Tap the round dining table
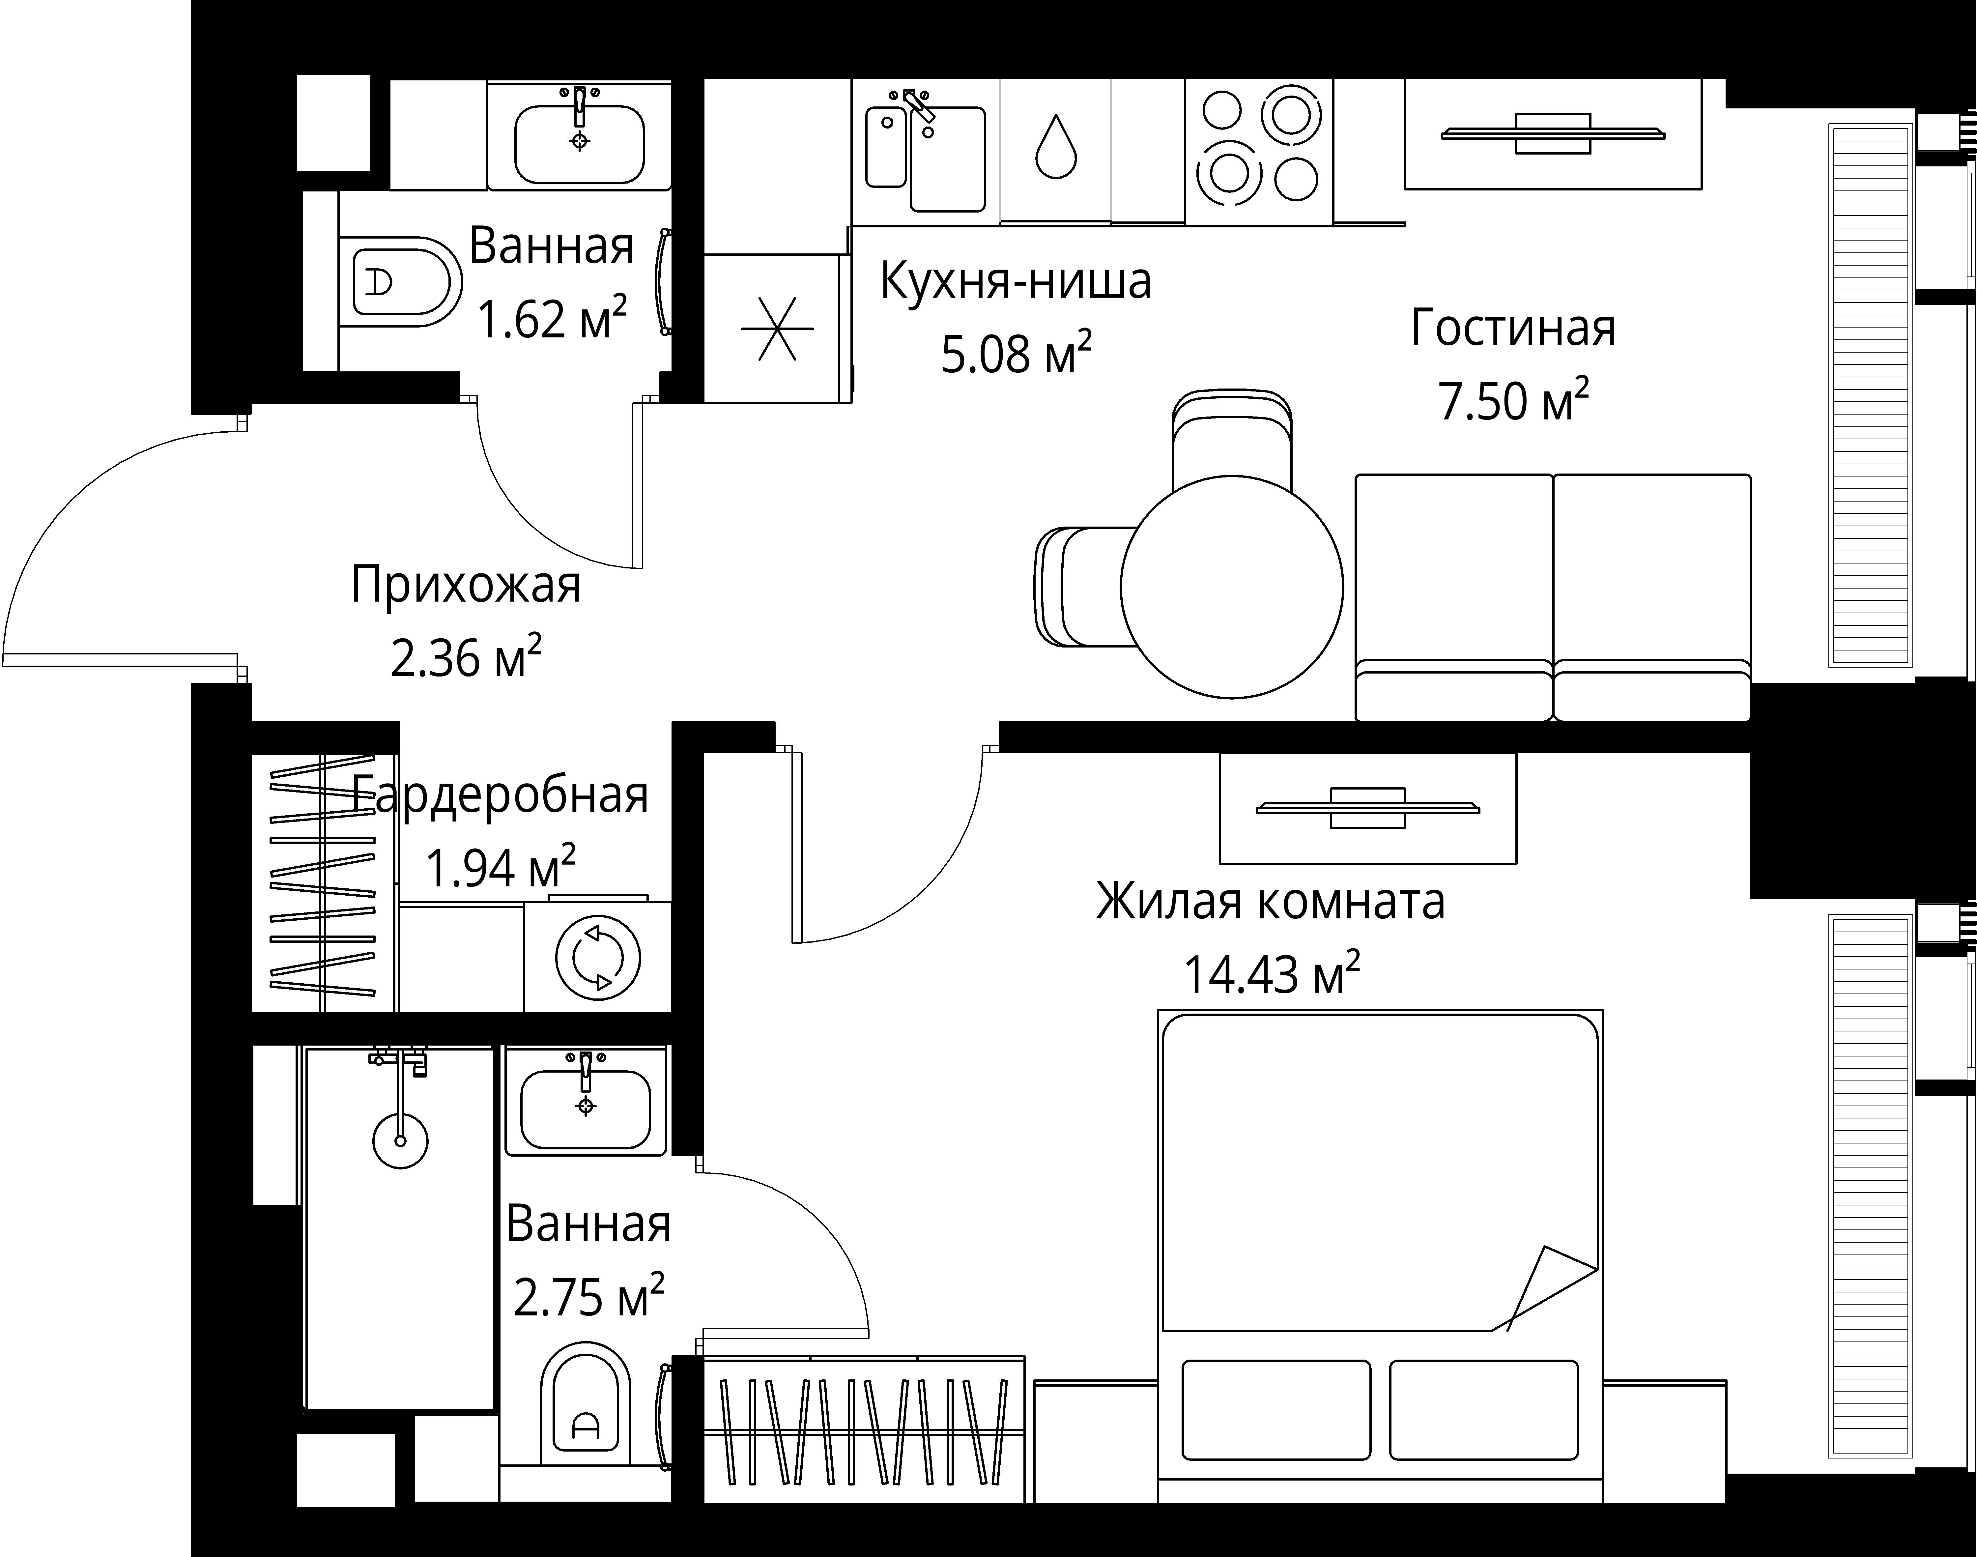[1231, 587]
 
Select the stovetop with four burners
[1259, 150]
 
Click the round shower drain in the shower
[400, 1139]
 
